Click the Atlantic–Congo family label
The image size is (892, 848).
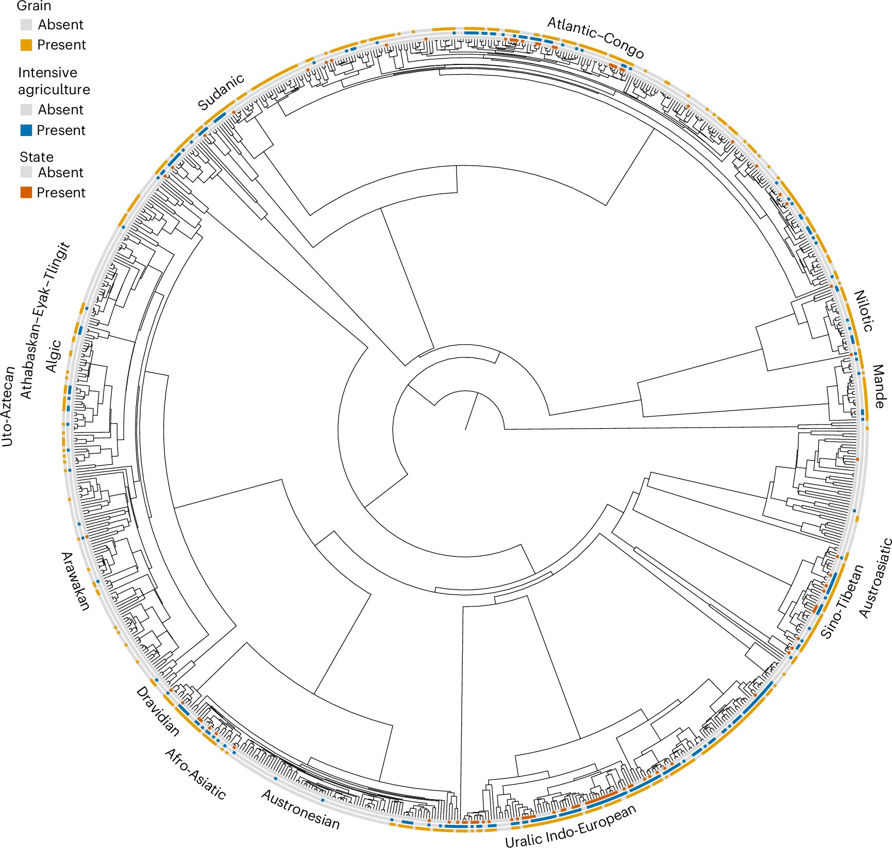pos(595,38)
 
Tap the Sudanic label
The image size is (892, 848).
pos(221,93)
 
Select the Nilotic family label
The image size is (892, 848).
pos(864,311)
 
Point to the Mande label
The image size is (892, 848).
pos(878,386)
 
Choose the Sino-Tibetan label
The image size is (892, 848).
pos(841,601)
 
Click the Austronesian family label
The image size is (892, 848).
pos(301,809)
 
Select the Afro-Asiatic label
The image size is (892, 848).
pos(195,773)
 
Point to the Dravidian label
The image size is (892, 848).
pos(158,711)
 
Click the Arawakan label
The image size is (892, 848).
pos(75,581)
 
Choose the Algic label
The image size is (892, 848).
pos(54,356)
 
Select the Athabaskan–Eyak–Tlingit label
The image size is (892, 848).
pos(44,320)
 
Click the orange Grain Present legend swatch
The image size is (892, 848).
pos(26,45)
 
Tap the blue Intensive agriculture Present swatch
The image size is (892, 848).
pos(26,130)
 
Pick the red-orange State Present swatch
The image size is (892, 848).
pos(26,193)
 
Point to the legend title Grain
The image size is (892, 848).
pos(34,6)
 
